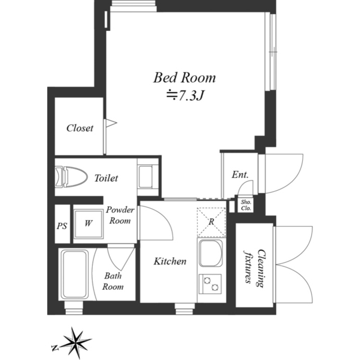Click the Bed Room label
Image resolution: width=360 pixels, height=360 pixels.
[x=184, y=78]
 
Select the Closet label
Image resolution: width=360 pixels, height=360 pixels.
[x=80, y=128]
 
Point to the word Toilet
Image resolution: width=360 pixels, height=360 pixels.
[x=106, y=178]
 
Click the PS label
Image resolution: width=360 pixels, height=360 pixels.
[x=62, y=226]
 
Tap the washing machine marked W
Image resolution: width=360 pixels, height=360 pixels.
[x=88, y=223]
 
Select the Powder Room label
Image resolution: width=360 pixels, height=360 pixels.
[x=120, y=215]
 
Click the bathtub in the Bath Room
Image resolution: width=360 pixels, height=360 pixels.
[x=75, y=274]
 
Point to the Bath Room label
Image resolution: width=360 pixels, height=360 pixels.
[x=112, y=281]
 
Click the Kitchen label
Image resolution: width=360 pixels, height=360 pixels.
[x=170, y=261]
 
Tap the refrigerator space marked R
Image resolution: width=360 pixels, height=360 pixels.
[x=211, y=222]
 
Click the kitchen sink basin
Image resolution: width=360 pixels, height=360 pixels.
[x=210, y=253]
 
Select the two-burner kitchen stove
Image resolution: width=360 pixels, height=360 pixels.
[x=210, y=283]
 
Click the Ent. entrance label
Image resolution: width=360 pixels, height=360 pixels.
[x=240, y=175]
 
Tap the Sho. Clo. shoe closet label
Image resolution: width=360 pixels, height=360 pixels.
[x=246, y=205]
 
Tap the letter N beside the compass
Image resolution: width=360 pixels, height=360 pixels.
[x=55, y=348]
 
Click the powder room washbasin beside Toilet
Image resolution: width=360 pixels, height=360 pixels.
[x=146, y=177]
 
